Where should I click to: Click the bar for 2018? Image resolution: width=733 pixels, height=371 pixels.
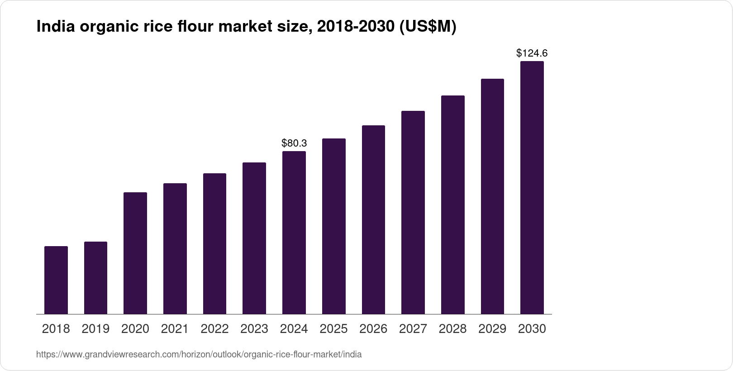tap(56, 280)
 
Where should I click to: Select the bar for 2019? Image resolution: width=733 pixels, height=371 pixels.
tap(95, 278)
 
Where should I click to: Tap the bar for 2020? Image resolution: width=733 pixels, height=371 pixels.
tap(135, 253)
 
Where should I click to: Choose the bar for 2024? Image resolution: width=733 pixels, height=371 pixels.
tap(294, 233)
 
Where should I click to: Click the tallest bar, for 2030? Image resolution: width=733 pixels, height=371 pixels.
tap(532, 187)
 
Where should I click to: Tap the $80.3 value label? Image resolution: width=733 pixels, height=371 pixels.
tap(294, 143)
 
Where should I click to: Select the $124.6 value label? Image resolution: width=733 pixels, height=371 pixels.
tap(532, 53)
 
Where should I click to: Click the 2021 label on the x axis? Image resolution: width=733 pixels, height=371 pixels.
tap(175, 329)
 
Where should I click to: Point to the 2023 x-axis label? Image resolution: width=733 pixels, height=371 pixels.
tap(254, 329)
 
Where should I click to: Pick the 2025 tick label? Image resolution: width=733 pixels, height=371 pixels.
tap(333, 329)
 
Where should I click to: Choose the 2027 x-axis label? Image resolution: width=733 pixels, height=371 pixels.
tap(413, 329)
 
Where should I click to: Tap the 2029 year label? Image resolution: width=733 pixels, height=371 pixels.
tap(492, 329)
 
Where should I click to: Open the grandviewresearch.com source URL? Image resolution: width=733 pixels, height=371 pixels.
tap(199, 355)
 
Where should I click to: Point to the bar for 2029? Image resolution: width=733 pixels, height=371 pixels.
tap(492, 196)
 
